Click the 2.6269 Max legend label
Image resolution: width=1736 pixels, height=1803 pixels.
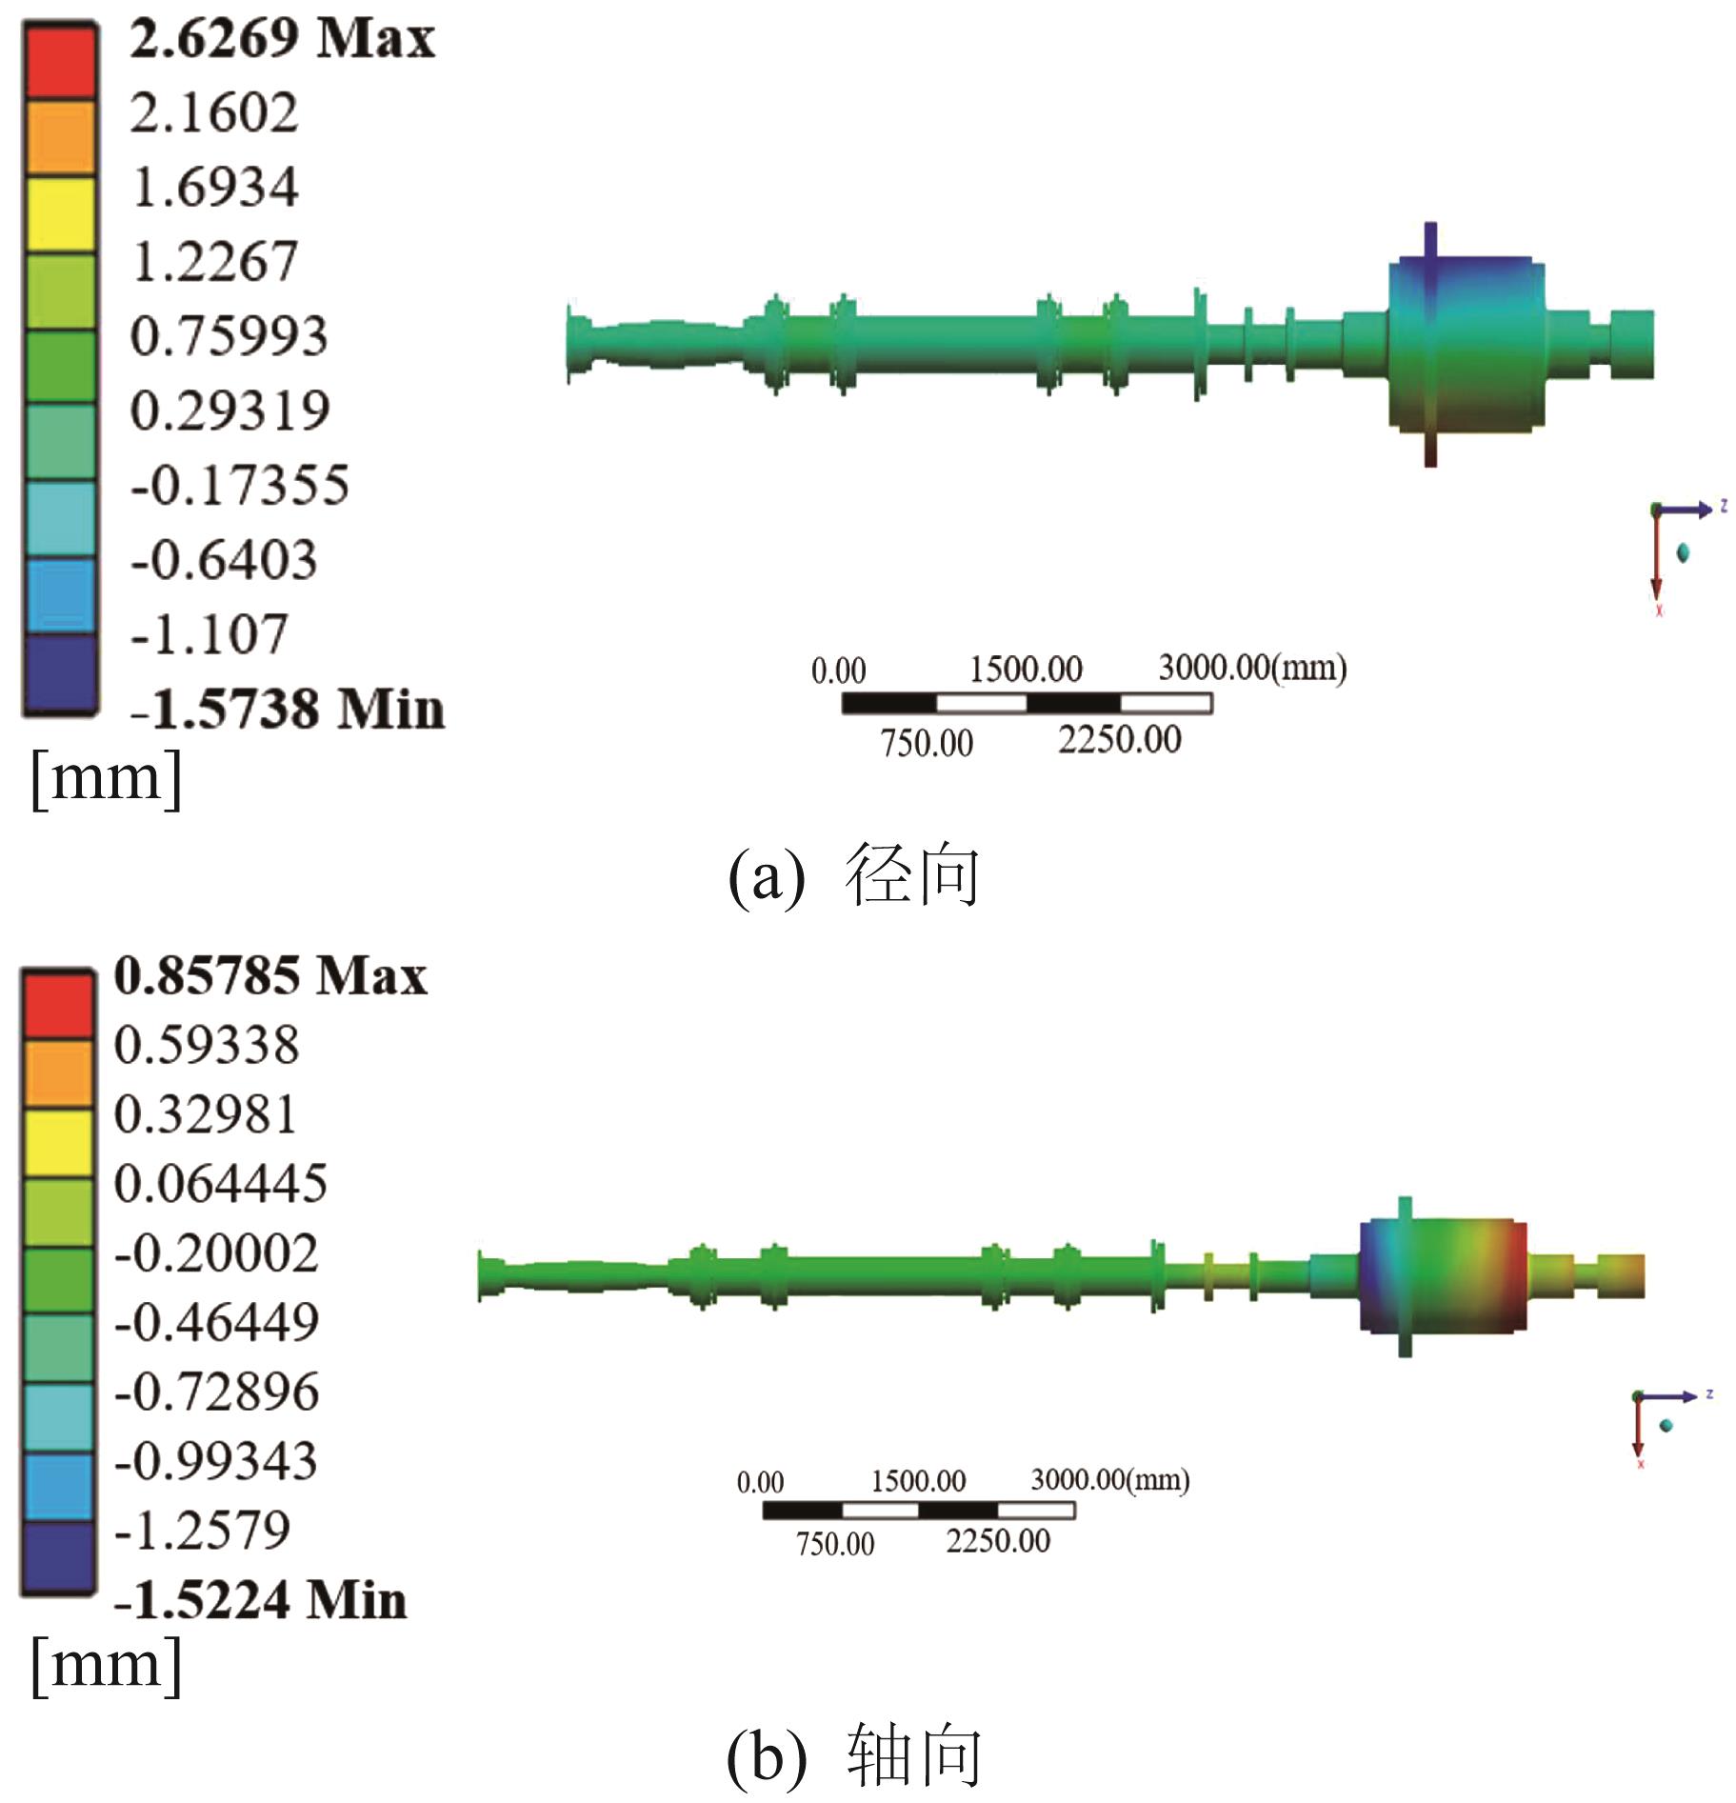(x=282, y=40)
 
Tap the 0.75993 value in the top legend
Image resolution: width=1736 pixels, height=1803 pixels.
(x=229, y=336)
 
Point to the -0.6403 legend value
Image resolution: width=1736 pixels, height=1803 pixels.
(x=224, y=560)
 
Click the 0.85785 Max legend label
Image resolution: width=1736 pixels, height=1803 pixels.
(x=270, y=976)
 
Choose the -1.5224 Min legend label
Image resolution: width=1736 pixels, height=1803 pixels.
(x=260, y=1600)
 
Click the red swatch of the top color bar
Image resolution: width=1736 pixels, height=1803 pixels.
(x=60, y=60)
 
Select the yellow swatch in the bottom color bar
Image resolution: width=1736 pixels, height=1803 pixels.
(x=58, y=1143)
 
